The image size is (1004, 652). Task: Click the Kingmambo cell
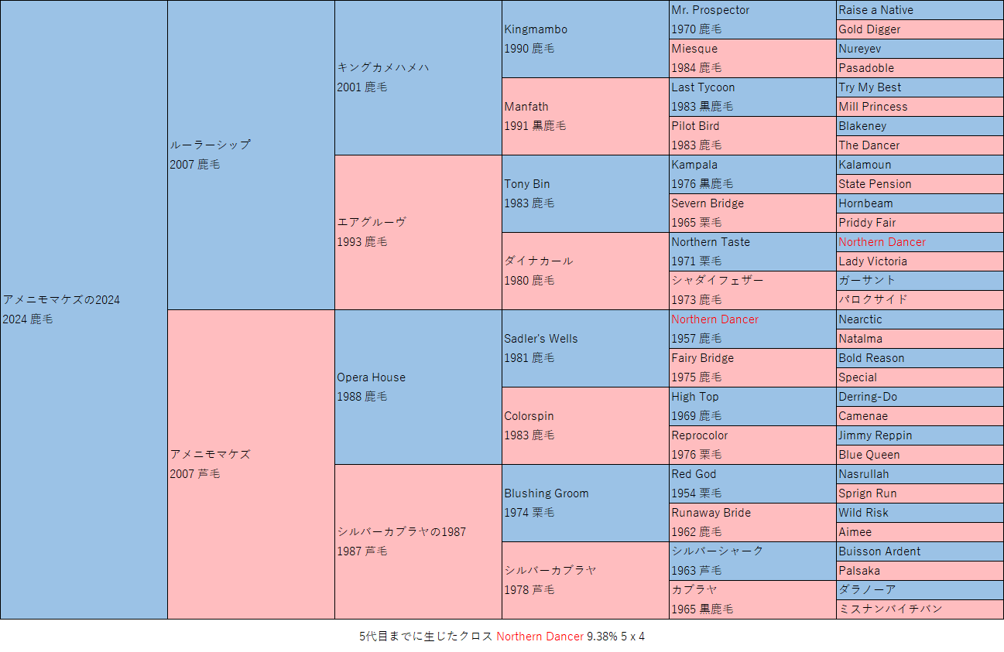click(x=536, y=29)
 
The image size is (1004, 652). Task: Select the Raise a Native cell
click(x=876, y=10)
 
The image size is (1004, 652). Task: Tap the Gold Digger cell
click(x=869, y=29)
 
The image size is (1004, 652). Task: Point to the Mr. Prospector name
click(x=710, y=10)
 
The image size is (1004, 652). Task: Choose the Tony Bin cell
click(x=527, y=184)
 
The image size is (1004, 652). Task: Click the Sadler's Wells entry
click(x=540, y=339)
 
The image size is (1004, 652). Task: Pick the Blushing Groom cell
click(x=546, y=493)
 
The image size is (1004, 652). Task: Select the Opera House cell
click(x=371, y=377)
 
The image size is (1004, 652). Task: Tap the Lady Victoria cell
click(x=872, y=261)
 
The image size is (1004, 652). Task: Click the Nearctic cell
click(x=860, y=319)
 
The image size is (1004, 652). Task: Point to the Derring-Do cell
click(x=868, y=397)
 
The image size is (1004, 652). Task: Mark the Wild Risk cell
click(x=863, y=513)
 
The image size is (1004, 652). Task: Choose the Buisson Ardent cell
click(x=879, y=551)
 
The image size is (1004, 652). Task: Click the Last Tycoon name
click(x=703, y=87)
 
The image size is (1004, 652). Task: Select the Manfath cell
click(x=526, y=107)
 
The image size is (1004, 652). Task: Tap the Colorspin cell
click(x=529, y=416)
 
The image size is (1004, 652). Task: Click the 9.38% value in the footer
click(x=602, y=637)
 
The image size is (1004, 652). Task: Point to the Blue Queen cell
click(x=869, y=455)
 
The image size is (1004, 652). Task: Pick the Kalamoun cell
click(x=865, y=165)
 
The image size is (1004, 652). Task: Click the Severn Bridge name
click(x=708, y=203)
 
